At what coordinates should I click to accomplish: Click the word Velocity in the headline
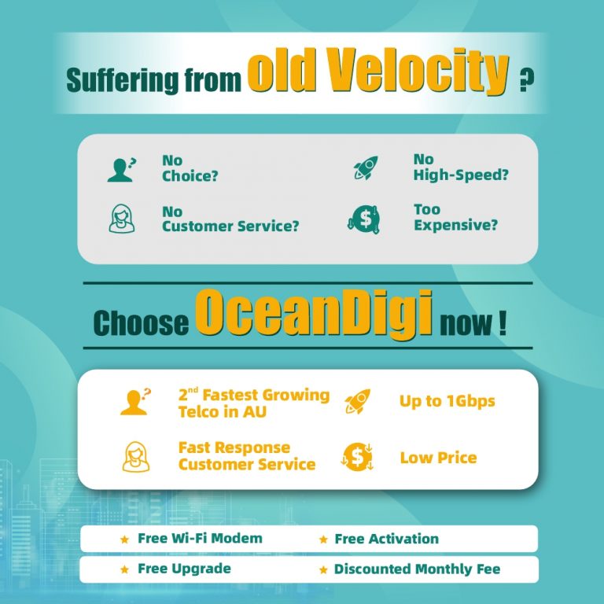click(x=419, y=72)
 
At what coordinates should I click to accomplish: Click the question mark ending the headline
click(x=527, y=79)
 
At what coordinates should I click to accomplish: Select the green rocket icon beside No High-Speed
click(x=366, y=168)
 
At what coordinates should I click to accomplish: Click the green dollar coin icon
click(x=363, y=219)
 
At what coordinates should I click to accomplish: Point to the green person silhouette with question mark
click(x=122, y=170)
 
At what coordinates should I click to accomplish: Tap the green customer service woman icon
click(x=122, y=219)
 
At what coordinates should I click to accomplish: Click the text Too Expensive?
click(x=455, y=217)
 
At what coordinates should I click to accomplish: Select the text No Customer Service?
click(x=230, y=219)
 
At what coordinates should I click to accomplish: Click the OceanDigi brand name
click(x=314, y=313)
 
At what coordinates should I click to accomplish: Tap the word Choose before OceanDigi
click(x=141, y=322)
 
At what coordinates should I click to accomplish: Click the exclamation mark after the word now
click(x=502, y=323)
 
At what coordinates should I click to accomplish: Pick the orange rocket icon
click(x=358, y=401)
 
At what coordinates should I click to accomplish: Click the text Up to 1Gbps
click(x=447, y=401)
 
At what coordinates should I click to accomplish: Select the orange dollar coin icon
click(x=358, y=457)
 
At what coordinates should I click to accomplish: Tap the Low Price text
click(x=438, y=458)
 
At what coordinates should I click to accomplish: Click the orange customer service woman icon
click(x=135, y=457)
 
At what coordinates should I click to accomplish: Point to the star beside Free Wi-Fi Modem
click(x=124, y=540)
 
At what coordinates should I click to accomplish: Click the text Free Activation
click(x=386, y=539)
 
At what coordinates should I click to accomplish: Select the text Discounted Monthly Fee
click(x=417, y=569)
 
